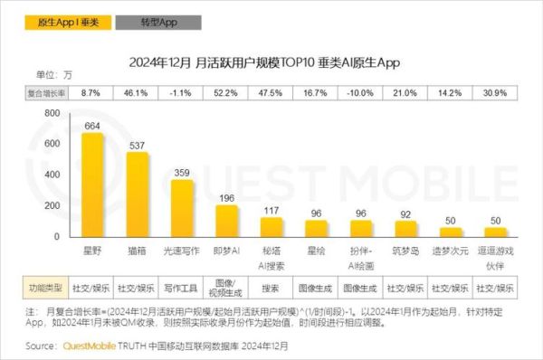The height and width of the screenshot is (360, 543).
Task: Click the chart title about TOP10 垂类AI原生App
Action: pyautogui.click(x=271, y=62)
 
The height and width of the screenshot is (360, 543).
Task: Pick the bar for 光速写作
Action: pyautogui.click(x=183, y=209)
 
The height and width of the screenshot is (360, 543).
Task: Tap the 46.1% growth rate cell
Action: pyautogui.click(x=137, y=92)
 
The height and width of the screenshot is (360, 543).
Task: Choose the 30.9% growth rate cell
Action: pyautogui.click(x=494, y=92)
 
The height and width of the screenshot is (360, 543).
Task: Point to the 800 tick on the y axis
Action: pyautogui.click(x=52, y=114)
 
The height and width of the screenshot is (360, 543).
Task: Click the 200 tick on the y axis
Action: pyautogui.click(x=52, y=206)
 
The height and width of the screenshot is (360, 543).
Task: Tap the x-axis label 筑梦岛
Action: pyautogui.click(x=405, y=247)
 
